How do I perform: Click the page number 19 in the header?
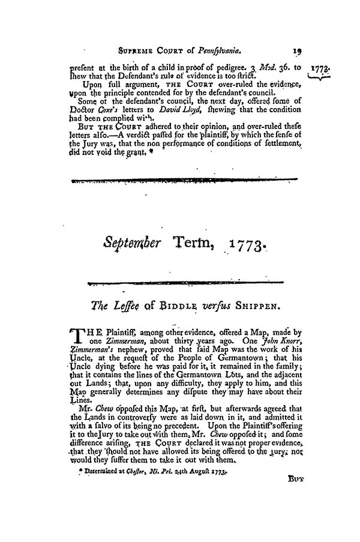click(289, 52)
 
